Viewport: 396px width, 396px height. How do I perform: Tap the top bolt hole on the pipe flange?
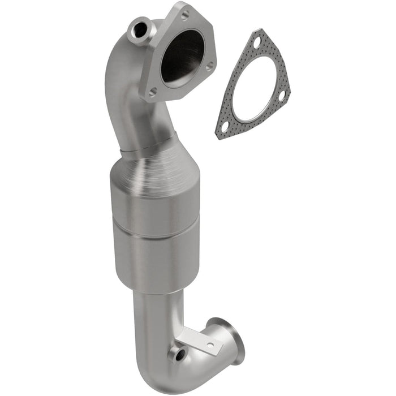[184, 15]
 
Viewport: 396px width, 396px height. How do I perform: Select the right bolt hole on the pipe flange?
[209, 66]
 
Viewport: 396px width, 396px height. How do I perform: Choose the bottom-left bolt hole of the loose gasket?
[225, 127]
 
